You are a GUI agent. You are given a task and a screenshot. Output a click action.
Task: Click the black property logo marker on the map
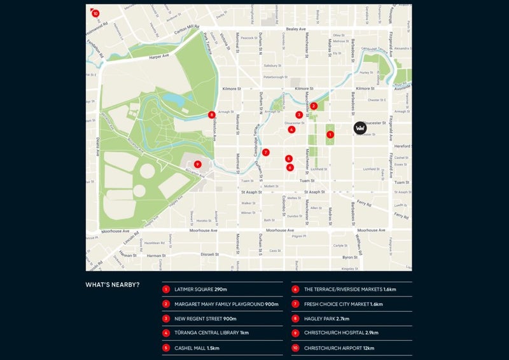(x=360, y=128)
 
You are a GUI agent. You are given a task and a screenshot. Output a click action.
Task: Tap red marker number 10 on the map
(x=95, y=13)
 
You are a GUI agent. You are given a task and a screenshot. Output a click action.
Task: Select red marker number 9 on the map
(x=198, y=164)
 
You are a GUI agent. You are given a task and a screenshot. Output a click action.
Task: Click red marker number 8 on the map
(x=212, y=115)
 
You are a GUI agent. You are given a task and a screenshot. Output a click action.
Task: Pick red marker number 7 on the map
(x=266, y=152)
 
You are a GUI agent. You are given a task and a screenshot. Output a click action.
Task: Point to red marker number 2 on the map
(x=313, y=106)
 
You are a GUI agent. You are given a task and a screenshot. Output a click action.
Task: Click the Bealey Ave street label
(x=296, y=29)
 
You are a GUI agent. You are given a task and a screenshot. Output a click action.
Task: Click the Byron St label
(x=350, y=257)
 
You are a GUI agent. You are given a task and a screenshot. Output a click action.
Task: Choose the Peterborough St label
(x=277, y=76)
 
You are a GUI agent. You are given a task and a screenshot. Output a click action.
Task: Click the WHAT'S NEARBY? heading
(x=113, y=284)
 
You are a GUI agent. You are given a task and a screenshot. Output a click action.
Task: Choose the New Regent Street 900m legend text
(x=206, y=319)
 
